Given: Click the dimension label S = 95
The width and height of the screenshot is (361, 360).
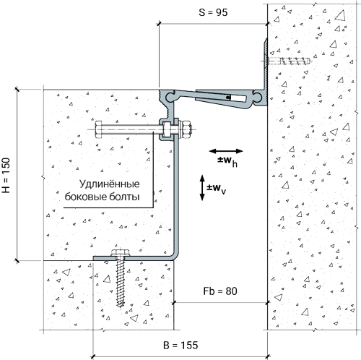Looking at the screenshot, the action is point(213,12).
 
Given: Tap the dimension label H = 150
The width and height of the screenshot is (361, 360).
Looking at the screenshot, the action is point(6,175).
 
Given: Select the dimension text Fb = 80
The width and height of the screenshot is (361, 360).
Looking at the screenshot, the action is point(220,291).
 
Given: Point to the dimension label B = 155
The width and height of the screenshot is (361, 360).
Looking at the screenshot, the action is point(180,345).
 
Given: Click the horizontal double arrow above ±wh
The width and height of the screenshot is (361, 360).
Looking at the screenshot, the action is point(226,151).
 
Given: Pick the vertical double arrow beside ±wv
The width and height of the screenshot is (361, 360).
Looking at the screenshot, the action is point(202,188).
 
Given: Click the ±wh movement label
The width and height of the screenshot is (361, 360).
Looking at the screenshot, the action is point(227,161).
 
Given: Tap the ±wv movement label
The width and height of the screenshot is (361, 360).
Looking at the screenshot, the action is point(217,188).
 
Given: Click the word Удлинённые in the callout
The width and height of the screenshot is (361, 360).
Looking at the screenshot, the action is point(110,184).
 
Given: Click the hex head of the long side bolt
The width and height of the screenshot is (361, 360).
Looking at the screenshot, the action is point(99,129).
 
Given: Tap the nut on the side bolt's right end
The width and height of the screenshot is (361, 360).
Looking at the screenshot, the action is point(187,129).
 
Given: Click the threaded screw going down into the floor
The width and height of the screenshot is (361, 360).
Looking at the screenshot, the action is point(121,283).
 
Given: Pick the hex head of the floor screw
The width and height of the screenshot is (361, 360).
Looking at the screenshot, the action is point(121,252).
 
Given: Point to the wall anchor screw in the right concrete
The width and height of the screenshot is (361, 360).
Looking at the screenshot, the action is point(289,61).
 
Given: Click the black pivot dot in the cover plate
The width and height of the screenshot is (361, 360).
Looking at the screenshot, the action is point(227,98).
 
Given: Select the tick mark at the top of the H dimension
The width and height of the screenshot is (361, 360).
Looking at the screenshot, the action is point(17,89).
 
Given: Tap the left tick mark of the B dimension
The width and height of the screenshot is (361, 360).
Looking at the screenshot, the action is point(93,356).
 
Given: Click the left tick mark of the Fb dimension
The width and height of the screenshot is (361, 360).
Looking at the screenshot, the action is point(174,303).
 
